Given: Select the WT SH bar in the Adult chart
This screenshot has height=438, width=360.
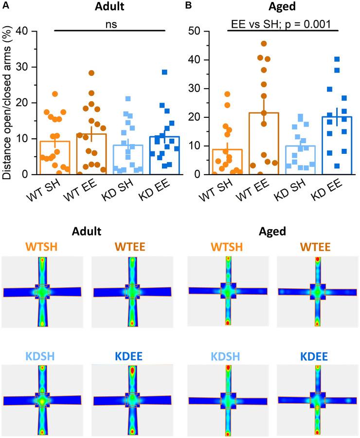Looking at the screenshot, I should [55, 157].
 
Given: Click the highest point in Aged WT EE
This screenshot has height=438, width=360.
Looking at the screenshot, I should [264, 44].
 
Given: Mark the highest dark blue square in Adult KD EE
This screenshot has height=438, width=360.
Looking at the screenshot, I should [164, 72].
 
